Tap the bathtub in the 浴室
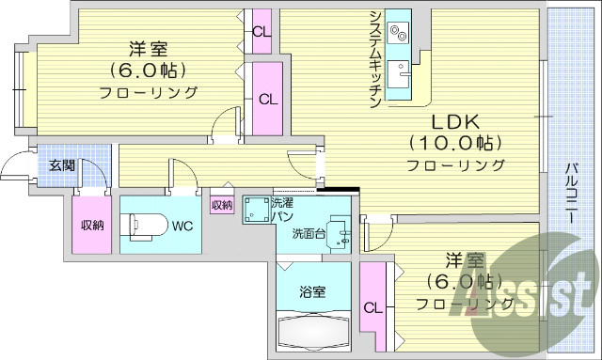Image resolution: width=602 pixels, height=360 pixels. click(314, 331)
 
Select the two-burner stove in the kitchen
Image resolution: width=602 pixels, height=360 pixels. click(399, 32)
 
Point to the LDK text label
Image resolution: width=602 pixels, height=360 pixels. click(455, 121)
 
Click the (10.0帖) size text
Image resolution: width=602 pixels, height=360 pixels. click(455, 143)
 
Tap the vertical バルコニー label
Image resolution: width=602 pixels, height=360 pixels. click(571, 193)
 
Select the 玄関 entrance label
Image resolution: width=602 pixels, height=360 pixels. click(62, 165)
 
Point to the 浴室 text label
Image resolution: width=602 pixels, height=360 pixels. click(313, 290)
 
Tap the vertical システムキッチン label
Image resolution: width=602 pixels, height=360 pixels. click(374, 56)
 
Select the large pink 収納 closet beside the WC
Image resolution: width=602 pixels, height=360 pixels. click(91, 225)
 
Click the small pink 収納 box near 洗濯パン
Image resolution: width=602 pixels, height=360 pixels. click(221, 204)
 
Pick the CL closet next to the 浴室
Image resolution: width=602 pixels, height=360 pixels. click(373, 305)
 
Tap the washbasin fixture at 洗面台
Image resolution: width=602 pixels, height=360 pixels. click(341, 235)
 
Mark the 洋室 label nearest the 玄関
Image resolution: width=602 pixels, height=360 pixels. click(149, 49)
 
